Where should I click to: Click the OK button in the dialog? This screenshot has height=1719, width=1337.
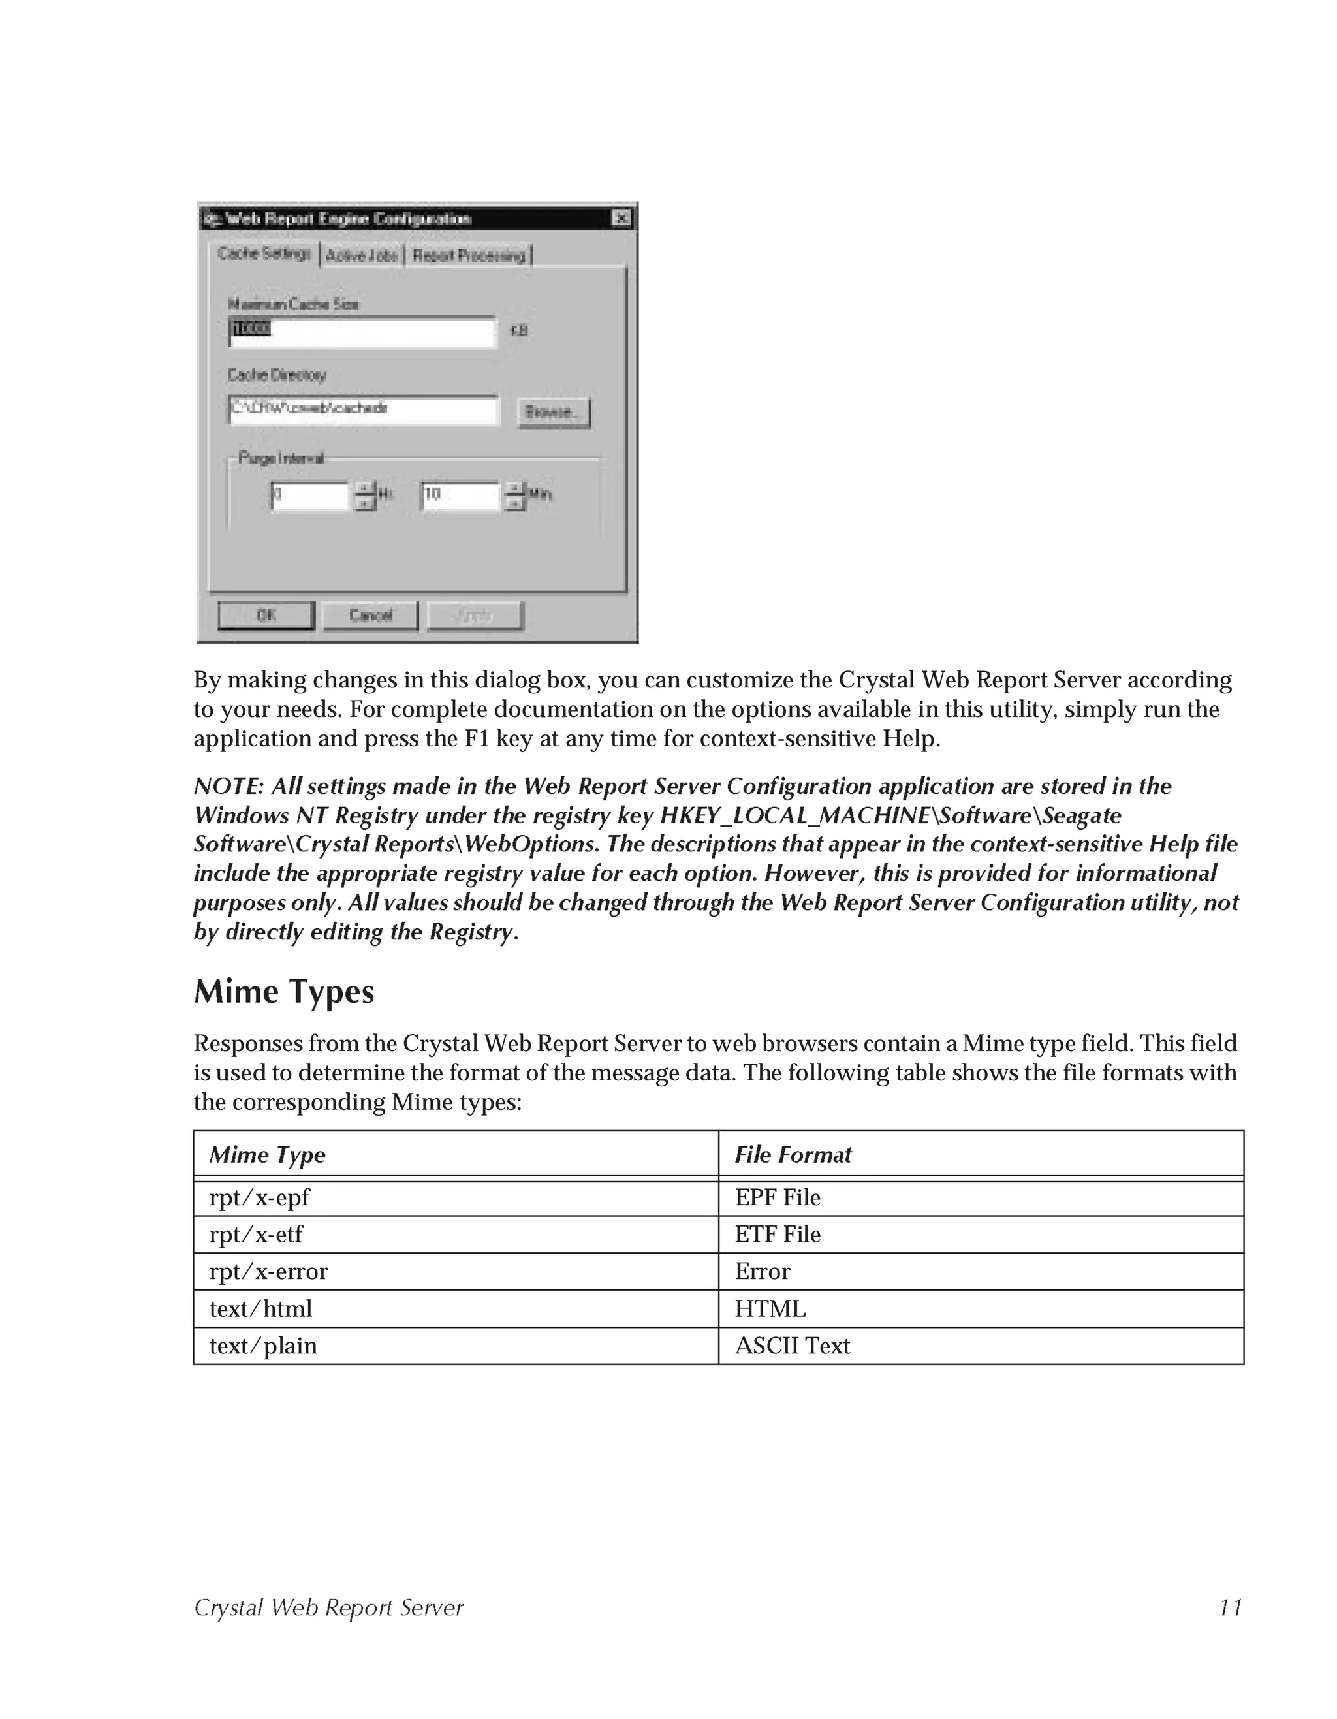tap(266, 616)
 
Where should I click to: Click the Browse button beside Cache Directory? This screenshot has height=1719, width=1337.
tap(553, 413)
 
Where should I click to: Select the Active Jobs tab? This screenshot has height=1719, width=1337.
tap(361, 256)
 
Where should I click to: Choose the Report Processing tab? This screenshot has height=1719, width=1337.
tap(469, 256)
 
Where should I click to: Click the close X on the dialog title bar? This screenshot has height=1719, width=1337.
tap(621, 218)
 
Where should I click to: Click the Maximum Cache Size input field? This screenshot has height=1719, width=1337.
tap(362, 332)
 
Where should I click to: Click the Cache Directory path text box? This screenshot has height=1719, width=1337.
tap(364, 409)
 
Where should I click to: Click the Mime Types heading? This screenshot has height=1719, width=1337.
tap(284, 992)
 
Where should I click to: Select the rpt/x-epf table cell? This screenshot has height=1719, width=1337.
tap(260, 1197)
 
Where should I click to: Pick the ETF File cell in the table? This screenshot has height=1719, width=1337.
tap(778, 1234)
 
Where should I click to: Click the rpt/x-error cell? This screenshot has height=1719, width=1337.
tap(268, 1271)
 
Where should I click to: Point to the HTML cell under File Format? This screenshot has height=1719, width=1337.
tap(770, 1308)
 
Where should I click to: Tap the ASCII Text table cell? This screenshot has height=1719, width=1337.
tap(793, 1345)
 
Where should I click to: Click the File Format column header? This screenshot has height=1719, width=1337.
tap(793, 1155)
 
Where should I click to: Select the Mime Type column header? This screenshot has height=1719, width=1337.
tap(268, 1155)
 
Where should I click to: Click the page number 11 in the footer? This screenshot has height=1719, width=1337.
tap(1230, 1607)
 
